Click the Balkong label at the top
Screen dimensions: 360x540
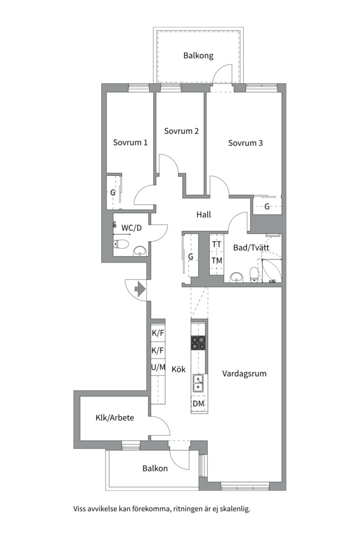tap(198, 56)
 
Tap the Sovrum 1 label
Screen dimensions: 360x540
tap(130, 142)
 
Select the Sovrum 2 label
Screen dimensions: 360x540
tap(181, 131)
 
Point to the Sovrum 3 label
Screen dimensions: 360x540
tap(245, 142)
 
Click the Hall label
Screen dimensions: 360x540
tap(203, 214)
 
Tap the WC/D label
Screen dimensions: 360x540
tap(131, 227)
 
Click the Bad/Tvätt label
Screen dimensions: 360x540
tap(251, 247)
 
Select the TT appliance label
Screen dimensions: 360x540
tap(216, 244)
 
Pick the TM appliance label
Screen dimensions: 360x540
tap(216, 260)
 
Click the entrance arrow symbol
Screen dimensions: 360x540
tap(140, 289)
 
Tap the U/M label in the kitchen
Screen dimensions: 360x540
tap(158, 367)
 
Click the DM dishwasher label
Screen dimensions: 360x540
tap(198, 403)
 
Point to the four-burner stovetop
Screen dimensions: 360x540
tap(199, 343)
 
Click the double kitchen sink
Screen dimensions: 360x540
tap(198, 382)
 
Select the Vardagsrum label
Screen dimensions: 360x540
tap(244, 374)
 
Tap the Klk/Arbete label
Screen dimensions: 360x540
tap(114, 417)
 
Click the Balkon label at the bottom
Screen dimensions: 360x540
tap(155, 468)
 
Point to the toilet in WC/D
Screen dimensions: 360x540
tap(121, 244)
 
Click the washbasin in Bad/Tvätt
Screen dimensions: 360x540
tap(237, 277)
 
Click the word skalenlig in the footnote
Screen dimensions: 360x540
tap(235, 509)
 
